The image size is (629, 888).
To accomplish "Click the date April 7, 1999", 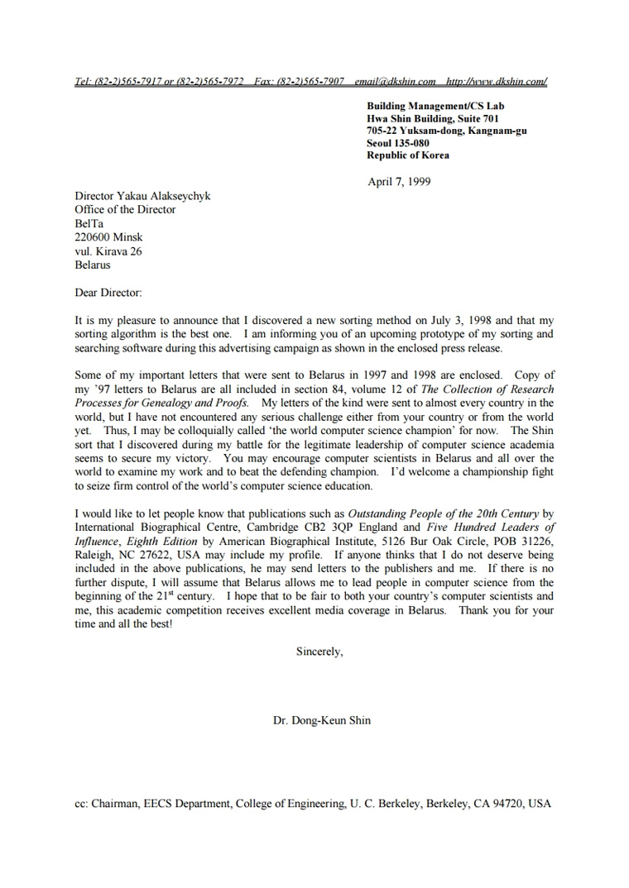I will pyautogui.click(x=399, y=182).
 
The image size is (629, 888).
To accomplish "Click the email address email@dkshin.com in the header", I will pyautogui.click(x=395, y=82).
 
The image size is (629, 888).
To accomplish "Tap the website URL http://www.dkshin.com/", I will pyautogui.click(x=497, y=82).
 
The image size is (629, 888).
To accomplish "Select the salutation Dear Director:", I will pyautogui.click(x=108, y=293).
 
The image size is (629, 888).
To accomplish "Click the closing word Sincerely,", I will pyautogui.click(x=319, y=652).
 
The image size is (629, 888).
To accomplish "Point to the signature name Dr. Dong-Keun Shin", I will pyautogui.click(x=322, y=720).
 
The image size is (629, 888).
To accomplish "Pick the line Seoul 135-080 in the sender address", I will pyautogui.click(x=398, y=143).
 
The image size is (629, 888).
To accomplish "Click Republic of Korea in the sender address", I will pyautogui.click(x=408, y=155).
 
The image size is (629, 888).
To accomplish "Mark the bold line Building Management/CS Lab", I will pyautogui.click(x=435, y=106).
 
